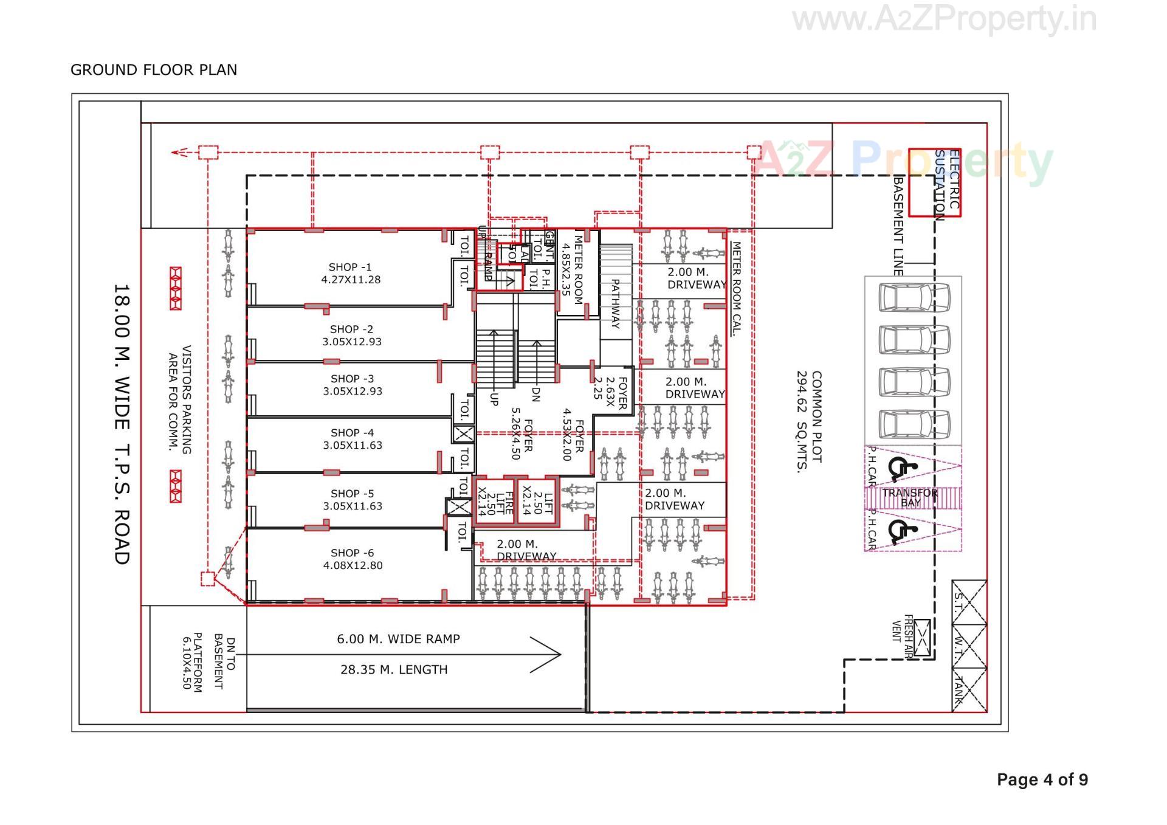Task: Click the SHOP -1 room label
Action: (x=351, y=274)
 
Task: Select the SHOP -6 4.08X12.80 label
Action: (x=353, y=559)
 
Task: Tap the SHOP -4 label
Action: (x=353, y=439)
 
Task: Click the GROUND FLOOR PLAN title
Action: (x=154, y=70)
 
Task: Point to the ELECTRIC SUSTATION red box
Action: (x=935, y=182)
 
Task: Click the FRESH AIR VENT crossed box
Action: (x=922, y=637)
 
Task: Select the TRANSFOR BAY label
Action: (x=910, y=497)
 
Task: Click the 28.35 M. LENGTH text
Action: (x=394, y=670)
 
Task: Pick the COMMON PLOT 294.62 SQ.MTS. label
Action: (x=810, y=422)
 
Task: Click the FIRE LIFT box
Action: (x=494, y=503)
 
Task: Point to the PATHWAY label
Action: (x=615, y=303)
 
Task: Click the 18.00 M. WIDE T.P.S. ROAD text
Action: (x=122, y=424)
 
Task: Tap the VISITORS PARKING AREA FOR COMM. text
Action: (x=180, y=399)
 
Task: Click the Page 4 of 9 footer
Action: (x=1042, y=779)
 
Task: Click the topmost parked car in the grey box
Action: (x=914, y=297)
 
